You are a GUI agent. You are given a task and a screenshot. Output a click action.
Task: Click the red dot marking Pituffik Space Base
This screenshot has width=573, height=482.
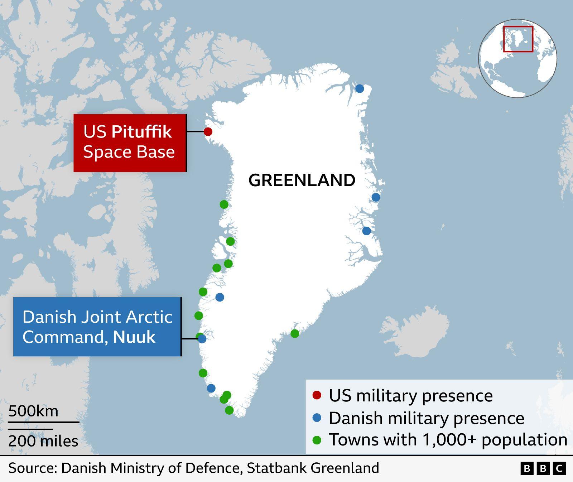click(x=208, y=131)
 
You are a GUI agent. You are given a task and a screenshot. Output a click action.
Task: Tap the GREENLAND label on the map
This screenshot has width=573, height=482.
click(x=302, y=180)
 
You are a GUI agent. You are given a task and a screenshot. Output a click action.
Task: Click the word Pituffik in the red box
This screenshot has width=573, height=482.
click(x=141, y=132)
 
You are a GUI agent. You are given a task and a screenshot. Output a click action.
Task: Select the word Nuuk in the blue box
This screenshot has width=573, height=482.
click(x=134, y=337)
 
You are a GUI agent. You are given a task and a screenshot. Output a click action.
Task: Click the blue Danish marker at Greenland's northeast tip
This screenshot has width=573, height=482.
click(x=360, y=88)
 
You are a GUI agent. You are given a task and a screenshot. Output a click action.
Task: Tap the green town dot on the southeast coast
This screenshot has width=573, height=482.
click(x=295, y=334)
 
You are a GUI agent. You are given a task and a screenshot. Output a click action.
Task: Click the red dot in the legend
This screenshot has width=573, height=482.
click(x=317, y=395)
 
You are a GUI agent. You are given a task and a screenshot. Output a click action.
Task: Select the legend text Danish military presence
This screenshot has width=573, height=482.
click(x=426, y=418)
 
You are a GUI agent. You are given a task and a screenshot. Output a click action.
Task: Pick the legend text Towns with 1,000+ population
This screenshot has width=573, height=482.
click(x=448, y=440)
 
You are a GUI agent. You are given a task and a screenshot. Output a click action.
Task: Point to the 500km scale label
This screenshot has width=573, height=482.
click(x=33, y=411)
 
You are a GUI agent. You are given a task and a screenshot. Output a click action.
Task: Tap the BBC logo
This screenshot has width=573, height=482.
click(x=543, y=468)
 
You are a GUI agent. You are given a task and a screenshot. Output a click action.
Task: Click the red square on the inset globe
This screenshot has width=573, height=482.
click(x=518, y=39)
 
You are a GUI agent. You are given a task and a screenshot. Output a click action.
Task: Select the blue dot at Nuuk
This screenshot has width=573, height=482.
click(x=202, y=339)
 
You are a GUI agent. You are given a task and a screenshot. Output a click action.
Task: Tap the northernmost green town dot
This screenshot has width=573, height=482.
click(x=224, y=204)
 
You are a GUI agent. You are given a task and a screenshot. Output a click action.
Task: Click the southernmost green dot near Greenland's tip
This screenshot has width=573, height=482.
click(x=229, y=410)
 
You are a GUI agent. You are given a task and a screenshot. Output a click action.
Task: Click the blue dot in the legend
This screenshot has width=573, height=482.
click(x=317, y=418)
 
